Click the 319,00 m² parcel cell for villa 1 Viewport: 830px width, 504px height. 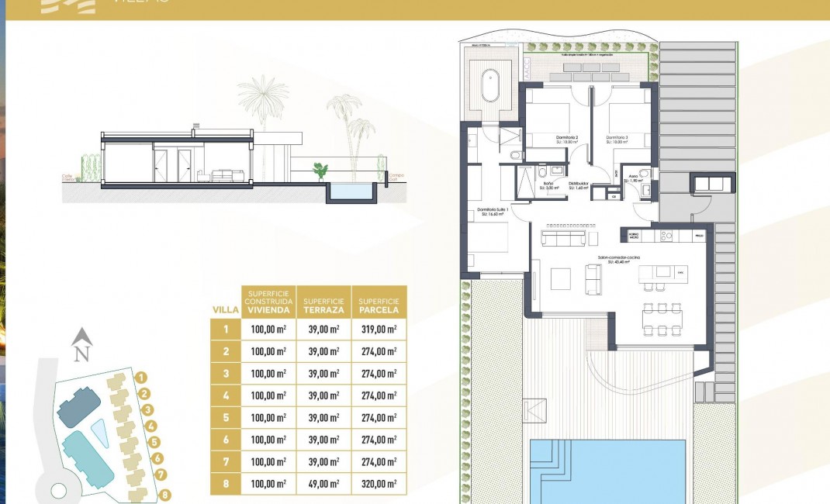coord(379,330)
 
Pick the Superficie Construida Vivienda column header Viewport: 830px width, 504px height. coord(268,302)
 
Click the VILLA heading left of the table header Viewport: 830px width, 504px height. coord(224,309)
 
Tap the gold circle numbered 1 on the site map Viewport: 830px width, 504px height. coord(141,378)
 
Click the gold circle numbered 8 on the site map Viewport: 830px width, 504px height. coord(164,495)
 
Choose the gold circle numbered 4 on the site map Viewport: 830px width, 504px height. coord(152,426)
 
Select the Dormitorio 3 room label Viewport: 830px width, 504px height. coord(617,138)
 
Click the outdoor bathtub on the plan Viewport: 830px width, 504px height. coord(490,86)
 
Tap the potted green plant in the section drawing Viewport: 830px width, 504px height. coord(319,170)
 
